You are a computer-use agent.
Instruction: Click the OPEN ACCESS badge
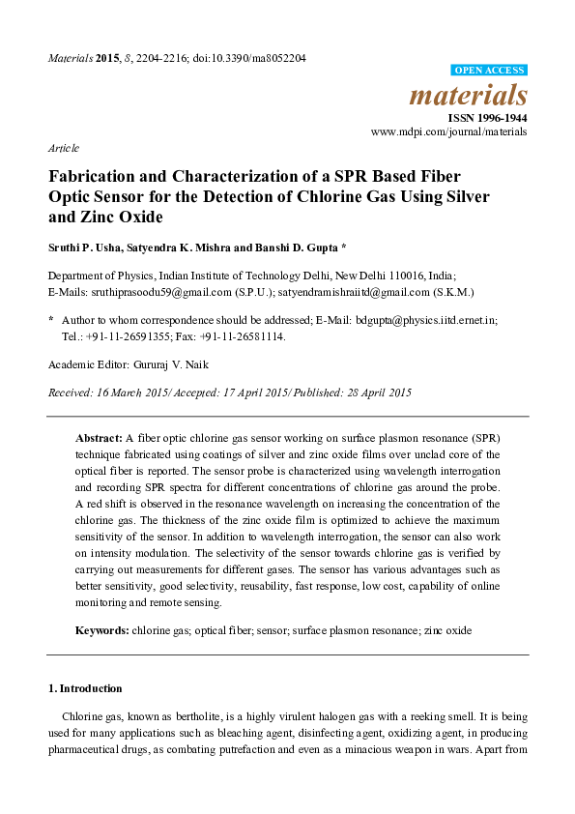point(489,71)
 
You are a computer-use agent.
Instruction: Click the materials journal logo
point(469,96)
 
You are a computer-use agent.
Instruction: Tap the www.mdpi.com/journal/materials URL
point(449,131)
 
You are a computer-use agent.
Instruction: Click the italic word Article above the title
point(63,148)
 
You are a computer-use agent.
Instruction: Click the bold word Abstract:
point(98,438)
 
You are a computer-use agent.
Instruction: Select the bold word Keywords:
point(102,630)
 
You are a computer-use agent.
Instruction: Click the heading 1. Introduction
point(85,688)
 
